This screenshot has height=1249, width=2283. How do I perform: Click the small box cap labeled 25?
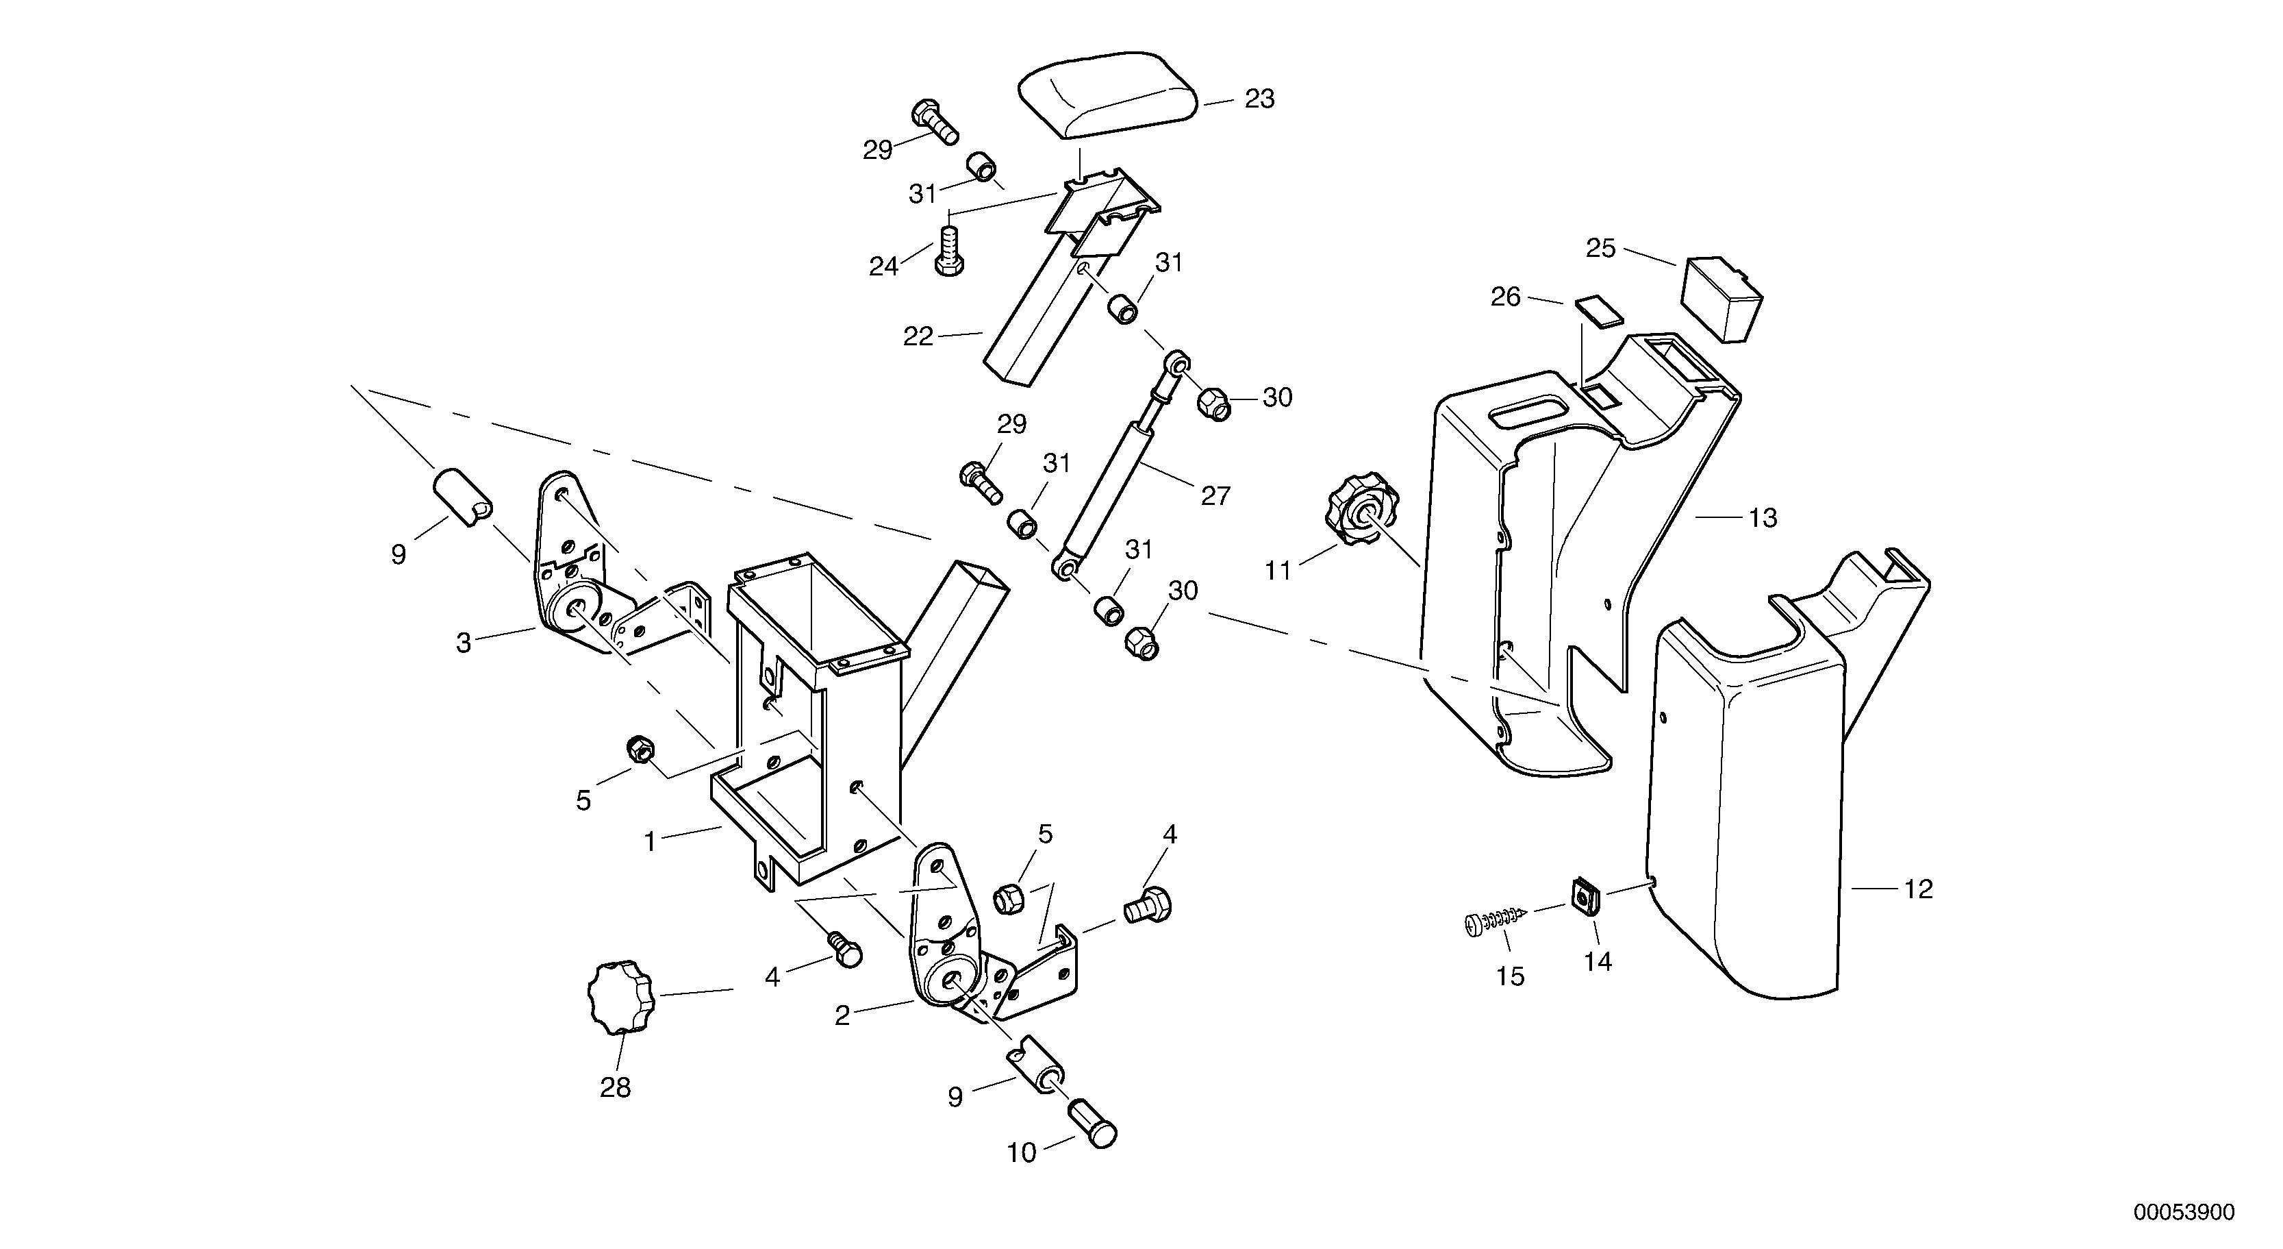tap(1720, 297)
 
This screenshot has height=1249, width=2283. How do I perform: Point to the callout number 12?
tap(1918, 889)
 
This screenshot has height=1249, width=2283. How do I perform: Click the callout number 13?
tap(1763, 518)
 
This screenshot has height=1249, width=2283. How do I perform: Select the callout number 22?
tap(918, 337)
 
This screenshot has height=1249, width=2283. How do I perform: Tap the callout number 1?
tap(650, 841)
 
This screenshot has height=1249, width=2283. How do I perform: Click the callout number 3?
tap(463, 643)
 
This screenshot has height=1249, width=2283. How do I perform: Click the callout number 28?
tap(615, 1088)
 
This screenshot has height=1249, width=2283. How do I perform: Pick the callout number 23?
tap(1259, 99)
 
